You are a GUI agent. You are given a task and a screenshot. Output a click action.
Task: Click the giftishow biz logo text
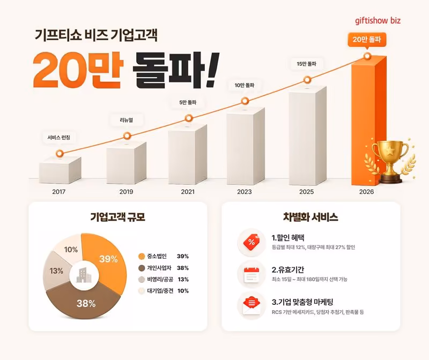click(x=378, y=21)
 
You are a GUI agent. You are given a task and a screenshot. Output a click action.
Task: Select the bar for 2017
click(x=60, y=170)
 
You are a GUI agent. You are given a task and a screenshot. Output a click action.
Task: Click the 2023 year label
click(x=245, y=192)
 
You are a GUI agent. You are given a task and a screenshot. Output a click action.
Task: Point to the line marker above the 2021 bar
click(x=189, y=118)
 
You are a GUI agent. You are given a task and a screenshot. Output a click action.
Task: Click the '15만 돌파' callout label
click(x=307, y=64)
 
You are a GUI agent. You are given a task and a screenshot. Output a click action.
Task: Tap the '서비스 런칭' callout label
click(x=59, y=138)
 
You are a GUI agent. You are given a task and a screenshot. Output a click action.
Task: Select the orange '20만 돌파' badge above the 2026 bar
click(x=367, y=40)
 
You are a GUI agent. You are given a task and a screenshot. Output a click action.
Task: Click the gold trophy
click(x=390, y=161)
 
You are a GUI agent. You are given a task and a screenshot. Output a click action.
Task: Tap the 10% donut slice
click(x=69, y=248)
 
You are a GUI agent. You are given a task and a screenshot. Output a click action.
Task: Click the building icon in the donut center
click(x=84, y=275)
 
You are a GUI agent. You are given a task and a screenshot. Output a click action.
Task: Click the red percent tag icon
click(x=252, y=242)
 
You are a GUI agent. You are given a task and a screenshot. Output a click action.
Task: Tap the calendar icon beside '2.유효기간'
click(x=252, y=274)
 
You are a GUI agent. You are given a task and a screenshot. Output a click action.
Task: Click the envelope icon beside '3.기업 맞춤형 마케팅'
click(x=252, y=306)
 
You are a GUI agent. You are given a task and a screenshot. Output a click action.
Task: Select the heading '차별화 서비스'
click(x=310, y=217)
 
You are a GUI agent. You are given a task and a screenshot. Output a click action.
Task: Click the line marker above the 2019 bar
click(x=127, y=136)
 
